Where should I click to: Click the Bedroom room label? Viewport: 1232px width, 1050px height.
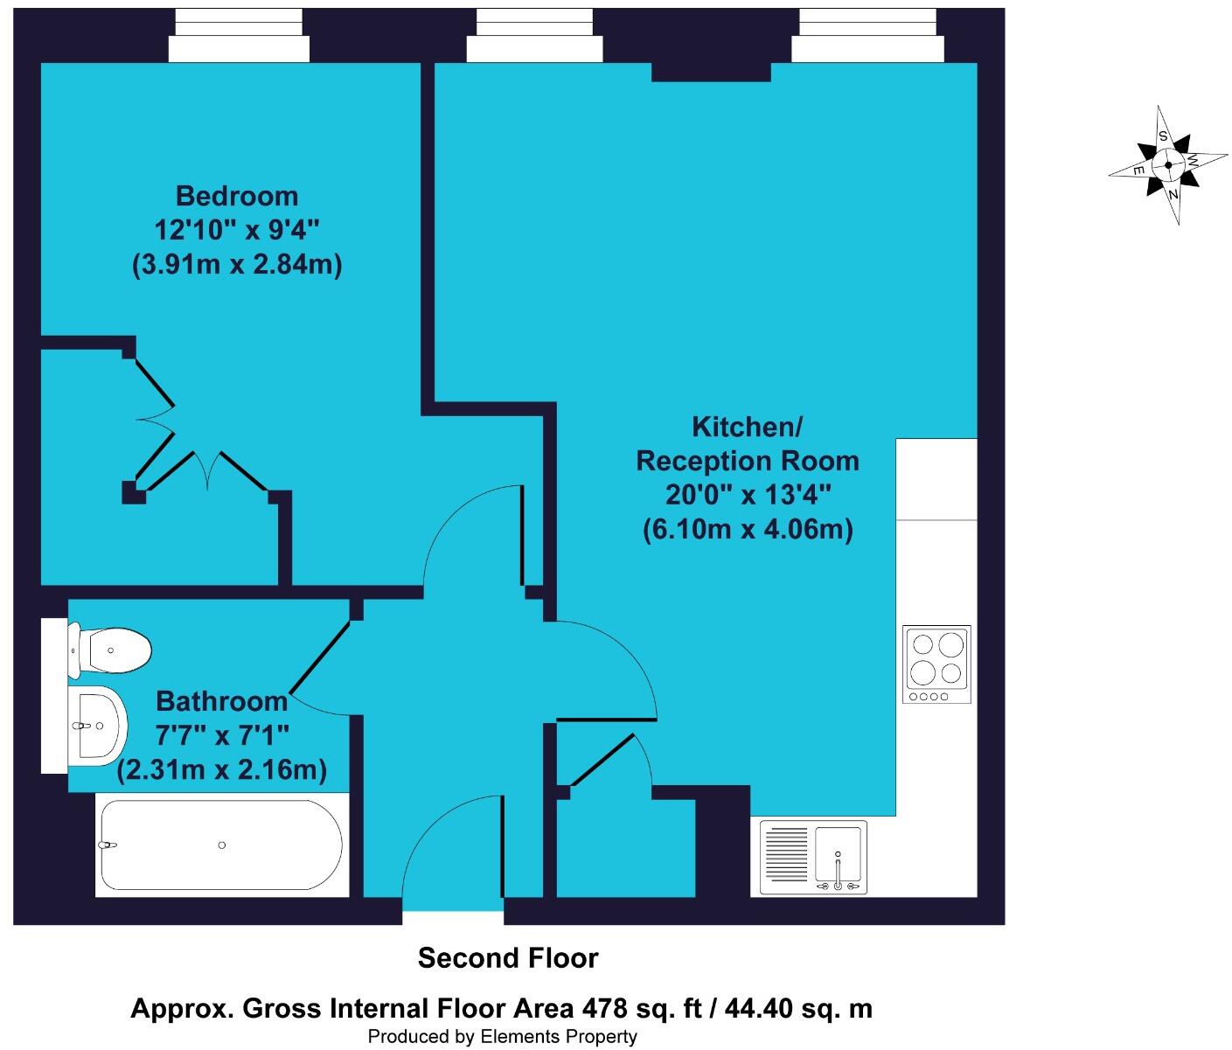pyautogui.click(x=236, y=196)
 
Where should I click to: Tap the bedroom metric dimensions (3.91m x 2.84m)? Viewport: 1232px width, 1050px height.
pyautogui.click(x=236, y=264)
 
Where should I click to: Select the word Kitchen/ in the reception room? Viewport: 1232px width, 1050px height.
pyautogui.click(x=747, y=428)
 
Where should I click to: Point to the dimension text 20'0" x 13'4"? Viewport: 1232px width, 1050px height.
pyautogui.click(x=747, y=495)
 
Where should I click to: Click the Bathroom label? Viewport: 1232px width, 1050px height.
pyautogui.click(x=221, y=701)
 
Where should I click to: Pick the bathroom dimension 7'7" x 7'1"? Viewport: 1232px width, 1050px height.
pyautogui.click(x=221, y=735)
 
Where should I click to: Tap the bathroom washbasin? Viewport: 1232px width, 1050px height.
pyautogui.click(x=98, y=725)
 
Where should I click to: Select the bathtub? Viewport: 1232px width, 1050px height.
pyautogui.click(x=221, y=845)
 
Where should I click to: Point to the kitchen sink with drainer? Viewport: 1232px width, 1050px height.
pyautogui.click(x=813, y=858)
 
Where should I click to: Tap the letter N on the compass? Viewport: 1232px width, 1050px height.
pyautogui.click(x=1173, y=194)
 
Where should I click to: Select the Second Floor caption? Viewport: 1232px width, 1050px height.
pyautogui.click(x=508, y=958)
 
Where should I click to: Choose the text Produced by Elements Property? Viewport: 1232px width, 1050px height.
pyautogui.click(x=502, y=1037)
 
